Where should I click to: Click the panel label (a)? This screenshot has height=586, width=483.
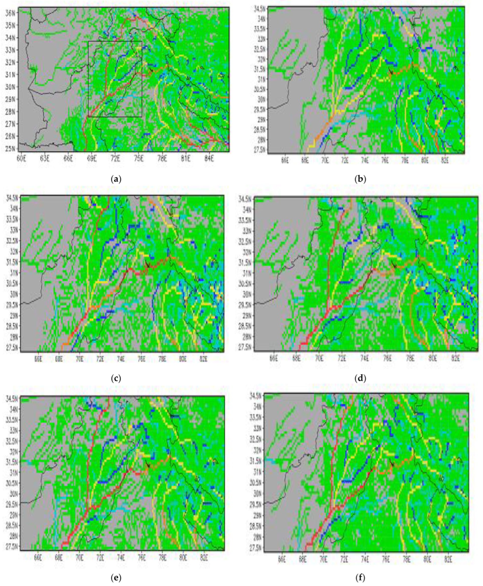point(116,179)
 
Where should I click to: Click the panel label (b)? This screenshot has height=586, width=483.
point(360,179)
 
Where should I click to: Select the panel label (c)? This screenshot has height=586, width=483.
point(116,378)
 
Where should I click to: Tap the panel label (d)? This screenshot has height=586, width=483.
point(360,378)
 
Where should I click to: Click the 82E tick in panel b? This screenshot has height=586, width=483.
point(445,161)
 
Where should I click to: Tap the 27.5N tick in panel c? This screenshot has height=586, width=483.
point(13,348)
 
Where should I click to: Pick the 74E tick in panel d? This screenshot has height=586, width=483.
point(365,359)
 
